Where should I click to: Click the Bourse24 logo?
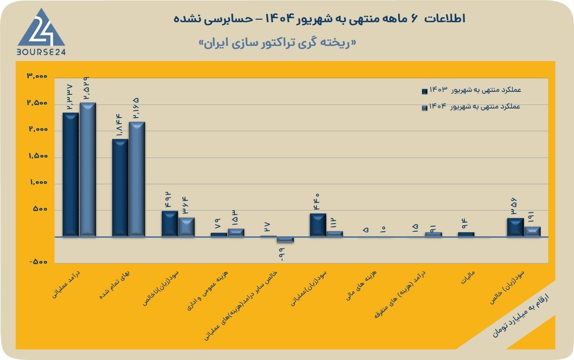point(41,32)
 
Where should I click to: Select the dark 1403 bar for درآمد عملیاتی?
point(71,175)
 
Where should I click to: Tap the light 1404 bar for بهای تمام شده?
point(137,179)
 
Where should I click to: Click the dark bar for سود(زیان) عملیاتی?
point(318,225)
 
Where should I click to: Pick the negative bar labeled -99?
point(285,240)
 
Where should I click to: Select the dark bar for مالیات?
point(466,234)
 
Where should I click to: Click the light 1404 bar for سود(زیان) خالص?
point(532,232)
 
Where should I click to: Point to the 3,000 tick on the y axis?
point(37,76)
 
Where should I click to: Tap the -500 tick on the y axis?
point(38,262)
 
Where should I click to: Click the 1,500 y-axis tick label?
point(38,156)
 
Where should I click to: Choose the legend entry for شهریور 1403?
point(471,90)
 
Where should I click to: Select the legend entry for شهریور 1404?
point(471,107)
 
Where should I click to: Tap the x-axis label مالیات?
point(468,278)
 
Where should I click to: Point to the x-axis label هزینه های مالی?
point(361,285)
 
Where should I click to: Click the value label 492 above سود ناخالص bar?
point(168,200)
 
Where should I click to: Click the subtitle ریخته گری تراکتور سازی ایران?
point(277,43)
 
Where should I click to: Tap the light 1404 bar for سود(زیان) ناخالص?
point(186,227)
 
